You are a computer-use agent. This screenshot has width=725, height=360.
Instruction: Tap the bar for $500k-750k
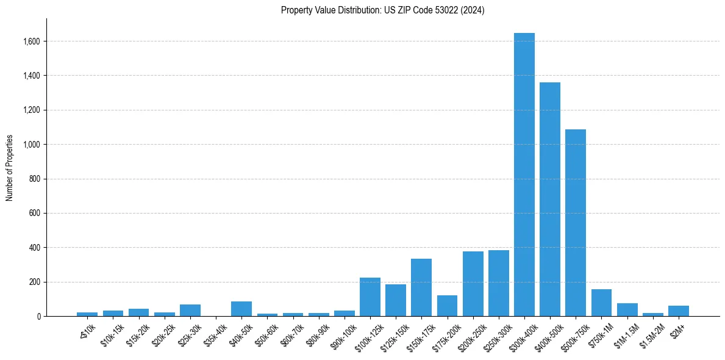point(576,223)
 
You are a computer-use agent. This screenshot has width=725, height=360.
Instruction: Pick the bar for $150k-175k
point(421,287)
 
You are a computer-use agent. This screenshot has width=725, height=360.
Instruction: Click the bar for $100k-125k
point(370,297)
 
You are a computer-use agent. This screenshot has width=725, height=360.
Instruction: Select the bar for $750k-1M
point(601,303)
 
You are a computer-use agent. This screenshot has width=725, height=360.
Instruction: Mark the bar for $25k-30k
point(190,310)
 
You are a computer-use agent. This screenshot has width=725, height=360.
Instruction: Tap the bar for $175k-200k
point(447,306)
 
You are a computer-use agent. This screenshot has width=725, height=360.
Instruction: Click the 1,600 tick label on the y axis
point(32,41)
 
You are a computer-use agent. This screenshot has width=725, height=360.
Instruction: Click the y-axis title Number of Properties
point(10,168)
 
